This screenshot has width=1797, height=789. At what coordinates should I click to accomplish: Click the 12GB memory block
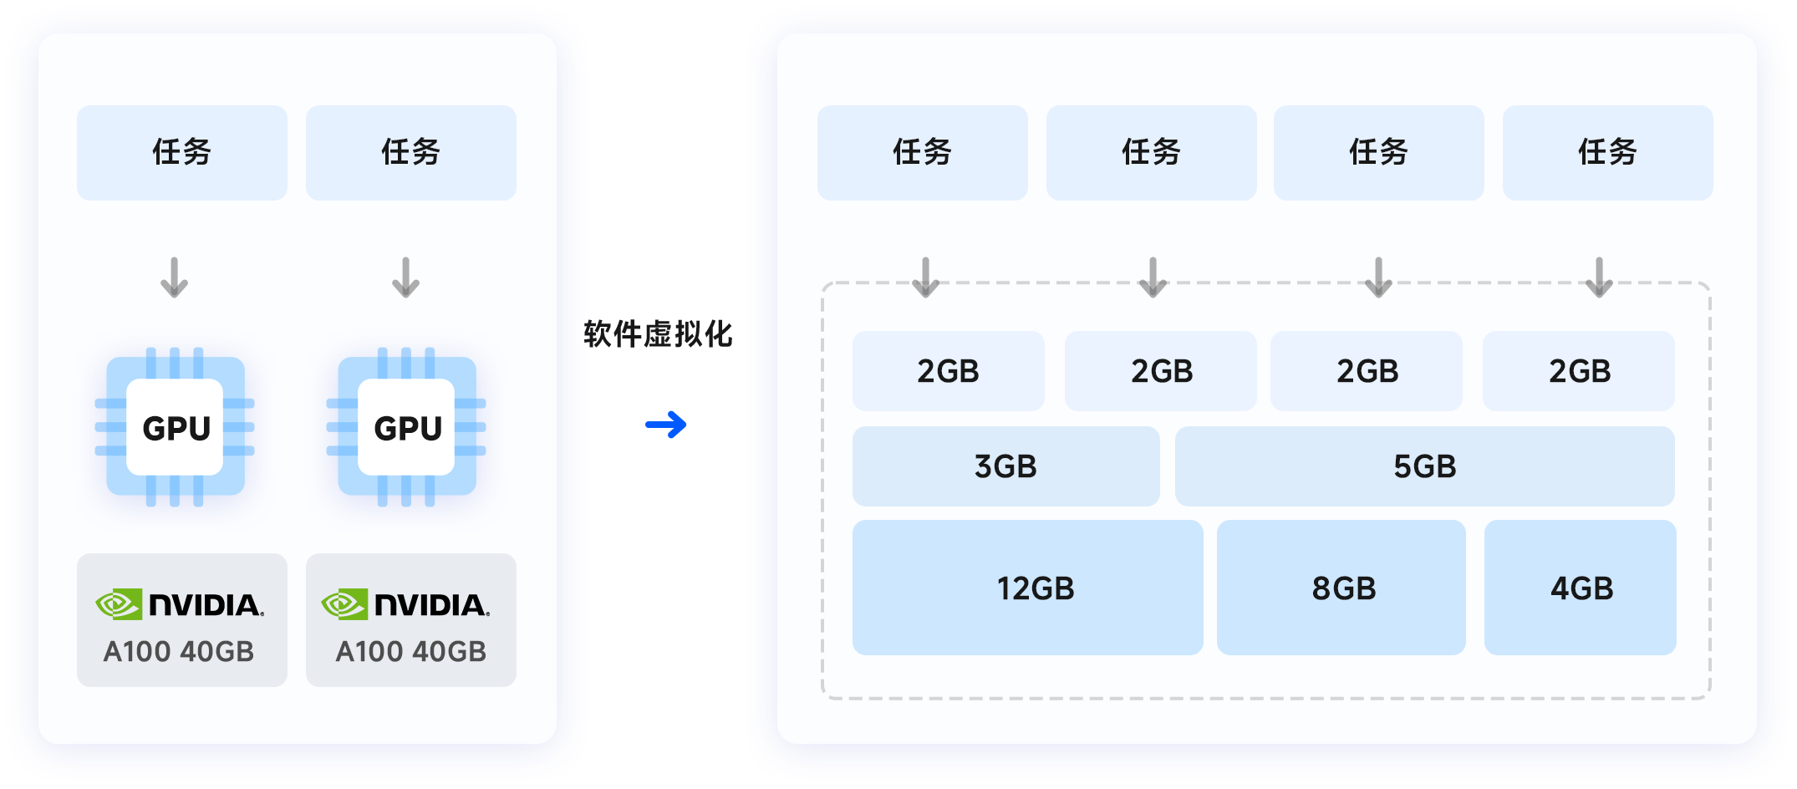[1027, 588]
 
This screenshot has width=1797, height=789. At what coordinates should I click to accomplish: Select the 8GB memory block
[1341, 588]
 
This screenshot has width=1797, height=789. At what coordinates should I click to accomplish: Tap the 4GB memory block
[1581, 588]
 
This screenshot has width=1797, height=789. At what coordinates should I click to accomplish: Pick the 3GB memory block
[1005, 466]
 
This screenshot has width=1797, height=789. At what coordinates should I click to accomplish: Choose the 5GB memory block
[1424, 466]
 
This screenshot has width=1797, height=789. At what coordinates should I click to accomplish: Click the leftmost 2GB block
[948, 371]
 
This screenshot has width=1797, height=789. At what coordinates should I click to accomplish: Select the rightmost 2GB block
[1579, 371]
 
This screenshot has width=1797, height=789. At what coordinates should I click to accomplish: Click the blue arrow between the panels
[666, 425]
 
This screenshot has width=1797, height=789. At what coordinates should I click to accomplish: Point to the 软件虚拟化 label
[658, 334]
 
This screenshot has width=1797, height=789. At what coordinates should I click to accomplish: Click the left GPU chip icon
[175, 427]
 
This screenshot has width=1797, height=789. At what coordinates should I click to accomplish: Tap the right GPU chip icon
[406, 427]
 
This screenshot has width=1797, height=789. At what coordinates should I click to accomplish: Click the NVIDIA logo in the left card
[180, 604]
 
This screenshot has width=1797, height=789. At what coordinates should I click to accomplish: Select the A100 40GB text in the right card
[410, 651]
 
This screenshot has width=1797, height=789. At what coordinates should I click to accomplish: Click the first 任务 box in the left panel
[182, 152]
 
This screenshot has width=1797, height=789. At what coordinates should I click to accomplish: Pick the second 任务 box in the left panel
[411, 152]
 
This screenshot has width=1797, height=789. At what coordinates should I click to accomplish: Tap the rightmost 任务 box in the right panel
[1607, 152]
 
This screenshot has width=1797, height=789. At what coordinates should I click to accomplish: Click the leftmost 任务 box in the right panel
[922, 152]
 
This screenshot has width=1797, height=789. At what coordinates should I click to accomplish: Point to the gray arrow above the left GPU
[174, 277]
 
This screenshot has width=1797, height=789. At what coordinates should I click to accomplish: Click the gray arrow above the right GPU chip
[405, 277]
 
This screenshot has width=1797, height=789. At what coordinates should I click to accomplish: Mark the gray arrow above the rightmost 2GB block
[1599, 277]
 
